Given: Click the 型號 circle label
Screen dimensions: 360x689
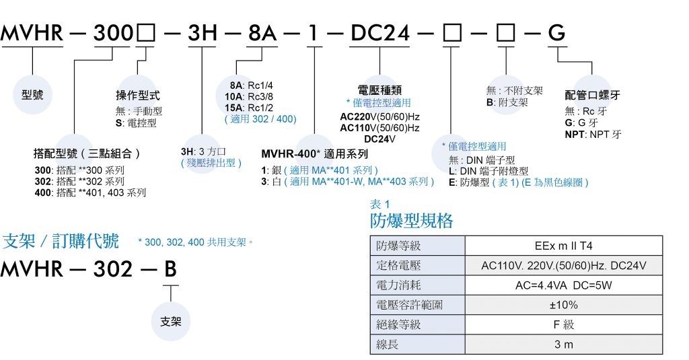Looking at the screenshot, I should [32, 95].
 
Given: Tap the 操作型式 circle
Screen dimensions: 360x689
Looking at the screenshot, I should [138, 95].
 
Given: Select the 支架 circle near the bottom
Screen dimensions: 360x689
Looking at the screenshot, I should [171, 321].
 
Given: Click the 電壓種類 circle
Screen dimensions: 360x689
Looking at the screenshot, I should [380, 90].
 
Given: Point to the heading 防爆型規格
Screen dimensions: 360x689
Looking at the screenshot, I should [411, 221].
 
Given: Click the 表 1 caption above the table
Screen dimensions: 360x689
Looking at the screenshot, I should [379, 205].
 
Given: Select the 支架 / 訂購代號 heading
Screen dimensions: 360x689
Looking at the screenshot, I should [61, 242].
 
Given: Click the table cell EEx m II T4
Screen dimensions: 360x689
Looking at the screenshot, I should [563, 246].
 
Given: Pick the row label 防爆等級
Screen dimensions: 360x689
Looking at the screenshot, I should [398, 246].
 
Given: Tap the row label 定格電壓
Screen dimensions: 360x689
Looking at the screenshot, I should [398, 266].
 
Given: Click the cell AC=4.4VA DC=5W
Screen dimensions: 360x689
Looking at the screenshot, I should [563, 285].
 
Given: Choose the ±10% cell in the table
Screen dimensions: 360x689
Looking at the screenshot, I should [563, 305].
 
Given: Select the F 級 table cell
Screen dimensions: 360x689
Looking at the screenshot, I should [563, 325].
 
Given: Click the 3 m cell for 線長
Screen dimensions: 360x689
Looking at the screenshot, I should [563, 345].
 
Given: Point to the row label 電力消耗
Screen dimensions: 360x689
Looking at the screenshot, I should [398, 285].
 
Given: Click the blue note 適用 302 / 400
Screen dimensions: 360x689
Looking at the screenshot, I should [260, 119].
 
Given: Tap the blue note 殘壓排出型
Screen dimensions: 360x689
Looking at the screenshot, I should [211, 163].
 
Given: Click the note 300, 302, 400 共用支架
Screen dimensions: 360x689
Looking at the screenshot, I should [194, 242].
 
